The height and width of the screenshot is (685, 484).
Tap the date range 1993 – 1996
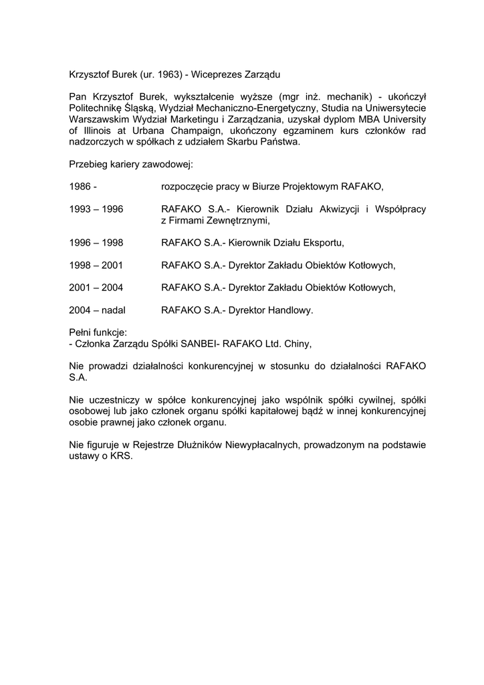pos(96,209)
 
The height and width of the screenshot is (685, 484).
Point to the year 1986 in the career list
pos(80,186)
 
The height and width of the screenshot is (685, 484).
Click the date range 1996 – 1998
pos(96,242)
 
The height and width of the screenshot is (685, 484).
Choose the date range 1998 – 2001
pos(96,265)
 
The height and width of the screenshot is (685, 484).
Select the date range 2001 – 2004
pos(96,288)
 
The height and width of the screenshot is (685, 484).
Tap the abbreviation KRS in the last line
pos(120,456)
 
